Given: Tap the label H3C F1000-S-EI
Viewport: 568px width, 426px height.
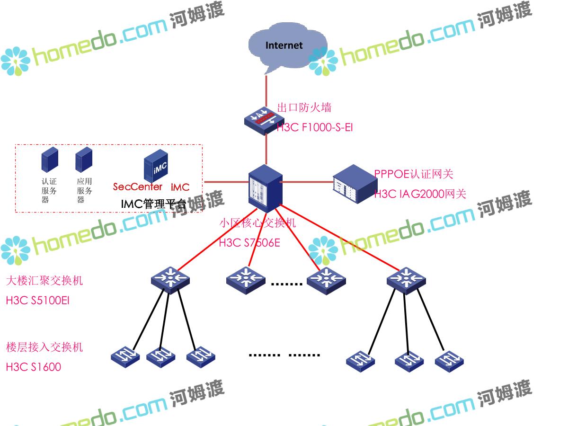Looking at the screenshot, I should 315,127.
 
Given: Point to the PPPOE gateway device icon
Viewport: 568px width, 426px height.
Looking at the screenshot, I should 353,184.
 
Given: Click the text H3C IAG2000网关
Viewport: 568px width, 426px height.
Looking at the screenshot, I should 420,194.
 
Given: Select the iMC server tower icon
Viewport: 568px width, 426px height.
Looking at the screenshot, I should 156,166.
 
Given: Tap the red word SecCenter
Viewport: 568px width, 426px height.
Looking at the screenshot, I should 138,186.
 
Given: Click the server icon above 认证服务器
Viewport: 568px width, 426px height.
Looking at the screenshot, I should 49,160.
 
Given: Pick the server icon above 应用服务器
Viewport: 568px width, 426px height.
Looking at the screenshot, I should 84,160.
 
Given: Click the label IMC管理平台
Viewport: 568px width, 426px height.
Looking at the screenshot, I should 153,204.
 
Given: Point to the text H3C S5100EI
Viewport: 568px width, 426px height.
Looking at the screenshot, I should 38,300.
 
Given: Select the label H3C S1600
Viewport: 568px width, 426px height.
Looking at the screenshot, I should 34,367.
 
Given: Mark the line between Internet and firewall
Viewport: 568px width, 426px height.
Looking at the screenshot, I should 266,90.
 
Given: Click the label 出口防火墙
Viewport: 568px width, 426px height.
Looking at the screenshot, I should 304,107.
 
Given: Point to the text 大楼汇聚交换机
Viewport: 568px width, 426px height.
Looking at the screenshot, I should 44,281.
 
